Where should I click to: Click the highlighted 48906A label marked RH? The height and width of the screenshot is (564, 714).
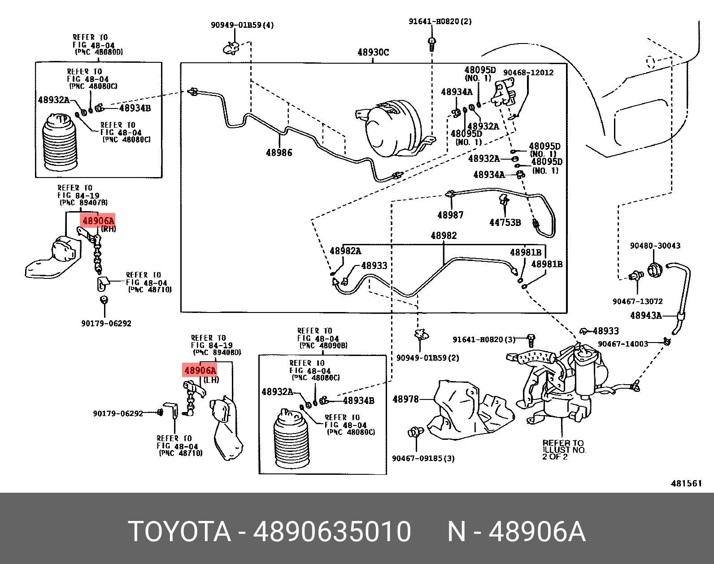tap(98, 221)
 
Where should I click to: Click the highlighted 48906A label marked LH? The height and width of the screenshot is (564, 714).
tap(200, 370)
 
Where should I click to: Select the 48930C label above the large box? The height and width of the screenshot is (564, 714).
tap(373, 52)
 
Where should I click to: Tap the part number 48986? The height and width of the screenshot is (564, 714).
tap(279, 153)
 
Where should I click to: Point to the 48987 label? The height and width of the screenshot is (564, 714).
tap(450, 215)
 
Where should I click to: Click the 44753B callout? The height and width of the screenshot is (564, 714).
tap(505, 222)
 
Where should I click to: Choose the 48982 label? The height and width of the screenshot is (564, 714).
tap(444, 236)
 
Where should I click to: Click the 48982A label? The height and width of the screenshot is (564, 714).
tap(345, 251)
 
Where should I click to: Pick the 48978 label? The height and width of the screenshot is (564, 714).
tap(405, 399)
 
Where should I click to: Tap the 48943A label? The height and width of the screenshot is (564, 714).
tap(646, 316)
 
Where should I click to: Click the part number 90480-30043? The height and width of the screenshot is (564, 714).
tap(655, 246)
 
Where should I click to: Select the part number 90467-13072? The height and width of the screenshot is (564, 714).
tap(637, 302)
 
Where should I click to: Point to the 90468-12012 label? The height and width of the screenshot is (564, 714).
tap(528, 73)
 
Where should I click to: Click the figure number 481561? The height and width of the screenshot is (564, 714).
tap(686, 483)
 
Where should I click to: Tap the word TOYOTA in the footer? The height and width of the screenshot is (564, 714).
tap(179, 532)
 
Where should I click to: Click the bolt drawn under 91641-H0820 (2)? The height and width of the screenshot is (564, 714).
tap(432, 43)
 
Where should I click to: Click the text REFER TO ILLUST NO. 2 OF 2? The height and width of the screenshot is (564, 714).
tap(563, 450)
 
